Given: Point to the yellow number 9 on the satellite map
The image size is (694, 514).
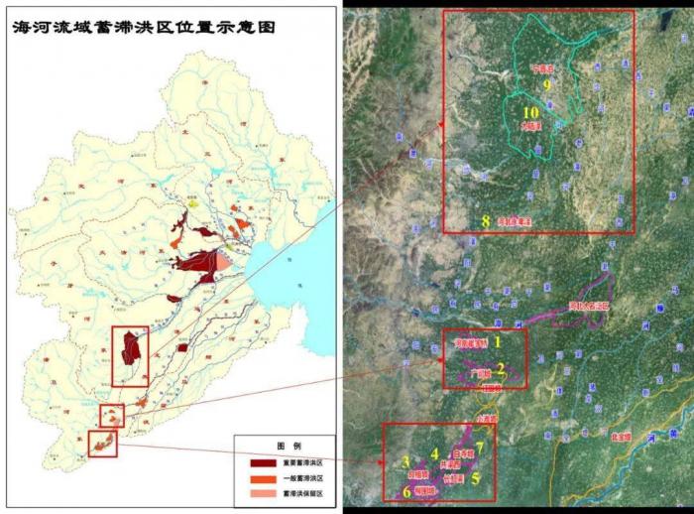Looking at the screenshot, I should pyautogui.click(x=545, y=85).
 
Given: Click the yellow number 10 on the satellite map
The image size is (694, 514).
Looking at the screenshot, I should pyautogui.click(x=530, y=113).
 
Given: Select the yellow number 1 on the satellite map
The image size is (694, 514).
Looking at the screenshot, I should pyautogui.click(x=498, y=340).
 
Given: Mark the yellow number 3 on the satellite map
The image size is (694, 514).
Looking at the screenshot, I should pyautogui.click(x=406, y=461).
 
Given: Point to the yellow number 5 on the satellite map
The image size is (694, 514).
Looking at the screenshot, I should pyautogui.click(x=476, y=477).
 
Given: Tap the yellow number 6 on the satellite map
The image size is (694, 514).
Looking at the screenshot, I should pyautogui.click(x=406, y=491).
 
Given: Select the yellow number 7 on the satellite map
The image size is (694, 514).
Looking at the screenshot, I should pyautogui.click(x=479, y=445).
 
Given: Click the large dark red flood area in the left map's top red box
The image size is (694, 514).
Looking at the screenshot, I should pyautogui.click(x=130, y=349).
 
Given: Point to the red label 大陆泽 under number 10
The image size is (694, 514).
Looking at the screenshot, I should pyautogui.click(x=531, y=126).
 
